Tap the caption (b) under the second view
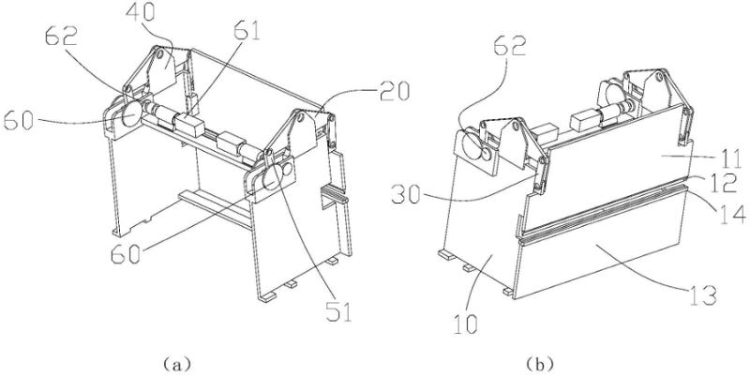[x=540, y=365]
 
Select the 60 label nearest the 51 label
[x=126, y=254]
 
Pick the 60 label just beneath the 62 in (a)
[x=19, y=120]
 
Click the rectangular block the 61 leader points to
[x=189, y=125]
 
